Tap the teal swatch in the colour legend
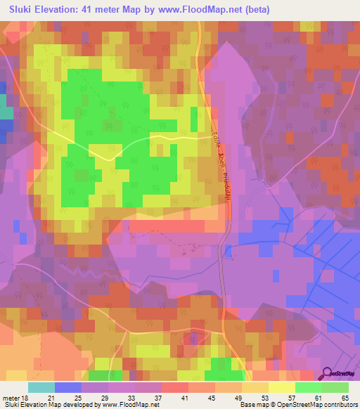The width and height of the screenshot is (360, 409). coord(41,387)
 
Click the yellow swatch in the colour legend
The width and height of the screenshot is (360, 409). coord(281,387)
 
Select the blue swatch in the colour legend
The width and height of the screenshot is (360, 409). coord(68,387)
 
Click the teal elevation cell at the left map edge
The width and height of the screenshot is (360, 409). coord(5,112)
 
